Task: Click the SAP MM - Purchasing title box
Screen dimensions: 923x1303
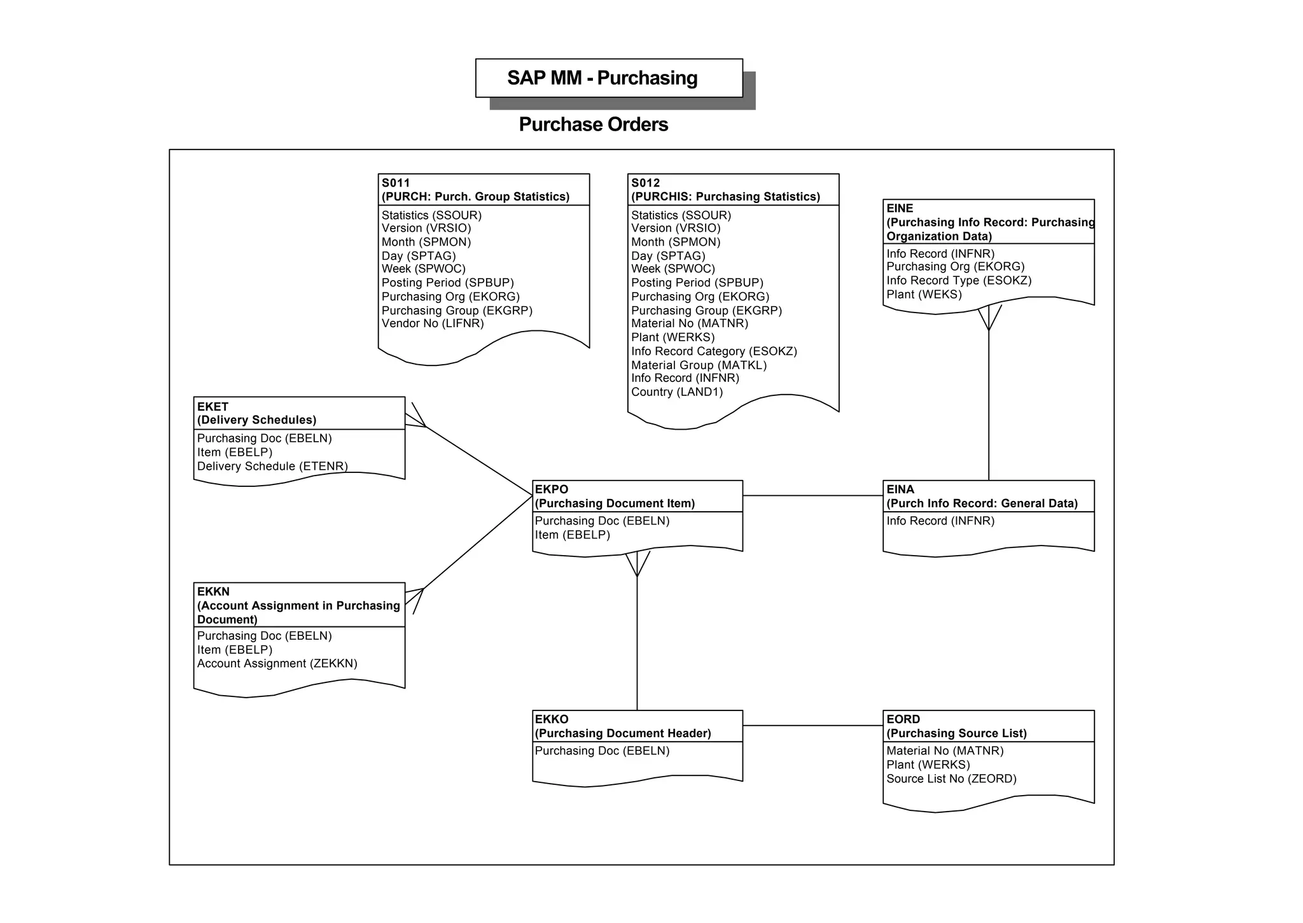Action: [x=609, y=78]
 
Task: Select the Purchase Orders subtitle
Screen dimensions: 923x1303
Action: [x=593, y=125]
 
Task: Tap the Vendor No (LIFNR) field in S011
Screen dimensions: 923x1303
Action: [x=433, y=323]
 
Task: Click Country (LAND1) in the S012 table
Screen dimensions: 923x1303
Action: [x=677, y=392]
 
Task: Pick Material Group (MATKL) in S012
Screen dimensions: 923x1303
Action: [x=699, y=365]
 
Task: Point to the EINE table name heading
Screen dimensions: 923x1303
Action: [x=900, y=208]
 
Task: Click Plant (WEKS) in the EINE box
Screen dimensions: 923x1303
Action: [x=924, y=295]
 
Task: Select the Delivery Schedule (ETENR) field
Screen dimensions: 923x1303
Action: [x=272, y=467]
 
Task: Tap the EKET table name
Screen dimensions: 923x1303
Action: [x=213, y=407]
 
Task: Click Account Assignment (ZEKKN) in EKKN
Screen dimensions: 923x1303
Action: [x=277, y=664]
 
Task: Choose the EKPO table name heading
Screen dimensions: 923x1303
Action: [x=552, y=490]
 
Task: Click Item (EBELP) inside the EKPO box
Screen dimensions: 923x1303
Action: [x=572, y=535]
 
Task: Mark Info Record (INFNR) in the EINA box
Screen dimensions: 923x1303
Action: [x=940, y=521]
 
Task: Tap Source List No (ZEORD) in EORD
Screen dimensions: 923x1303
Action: [x=951, y=779]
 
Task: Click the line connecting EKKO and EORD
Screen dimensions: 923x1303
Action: [x=812, y=726]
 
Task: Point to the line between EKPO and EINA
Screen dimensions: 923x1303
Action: [x=812, y=496]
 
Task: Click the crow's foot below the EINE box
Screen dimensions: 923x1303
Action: [x=989, y=318]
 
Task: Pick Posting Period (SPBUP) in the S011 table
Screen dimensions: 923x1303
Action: [x=447, y=283]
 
